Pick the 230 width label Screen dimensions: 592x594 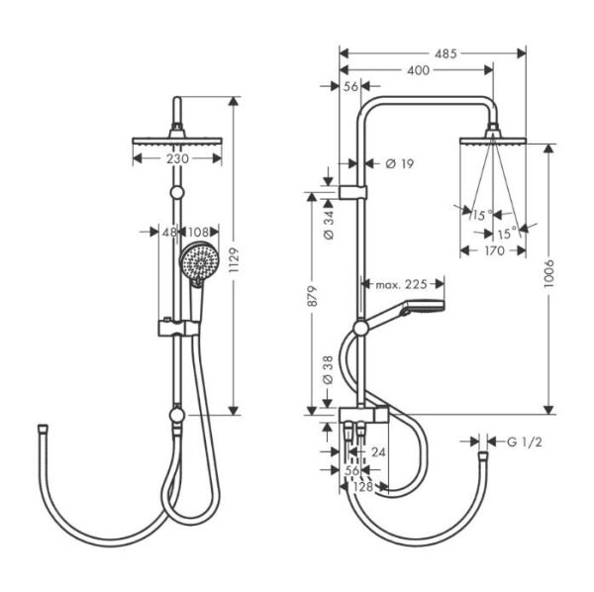(177, 158)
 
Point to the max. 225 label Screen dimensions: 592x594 (401, 284)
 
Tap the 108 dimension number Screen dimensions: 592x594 (198, 232)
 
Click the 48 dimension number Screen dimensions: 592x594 (168, 232)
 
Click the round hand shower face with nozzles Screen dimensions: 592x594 (198, 263)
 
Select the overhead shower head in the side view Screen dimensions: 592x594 (492, 137)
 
